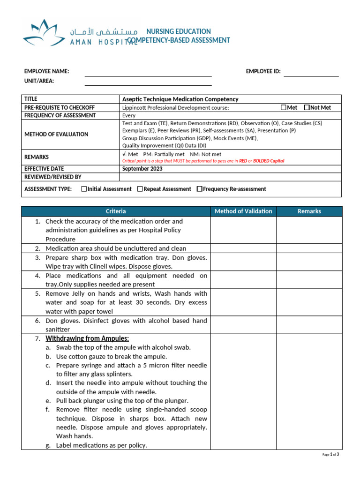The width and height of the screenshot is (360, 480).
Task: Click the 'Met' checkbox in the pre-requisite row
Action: point(283,107)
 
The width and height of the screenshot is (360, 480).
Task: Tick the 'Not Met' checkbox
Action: point(307,107)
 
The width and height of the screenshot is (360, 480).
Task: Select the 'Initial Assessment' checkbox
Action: point(84,189)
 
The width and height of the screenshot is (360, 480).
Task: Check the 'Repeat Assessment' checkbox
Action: point(140,189)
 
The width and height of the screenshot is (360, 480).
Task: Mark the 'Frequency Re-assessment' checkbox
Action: point(200,189)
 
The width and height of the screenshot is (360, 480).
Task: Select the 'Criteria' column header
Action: point(115,211)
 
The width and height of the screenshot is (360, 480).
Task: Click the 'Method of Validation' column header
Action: point(243,211)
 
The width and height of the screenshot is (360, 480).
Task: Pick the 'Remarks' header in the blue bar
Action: point(309,211)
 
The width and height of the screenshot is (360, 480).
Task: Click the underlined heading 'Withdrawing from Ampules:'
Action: point(87,338)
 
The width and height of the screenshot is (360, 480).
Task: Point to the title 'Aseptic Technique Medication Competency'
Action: point(180,99)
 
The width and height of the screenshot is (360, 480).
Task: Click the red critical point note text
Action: point(203,161)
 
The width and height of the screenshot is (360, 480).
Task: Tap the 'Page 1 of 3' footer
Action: point(330,454)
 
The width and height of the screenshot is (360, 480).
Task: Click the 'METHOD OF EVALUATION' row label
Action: point(56,134)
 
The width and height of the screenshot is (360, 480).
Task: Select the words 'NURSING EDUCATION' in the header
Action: point(179,31)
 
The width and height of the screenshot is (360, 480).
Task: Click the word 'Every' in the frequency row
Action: point(129,115)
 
